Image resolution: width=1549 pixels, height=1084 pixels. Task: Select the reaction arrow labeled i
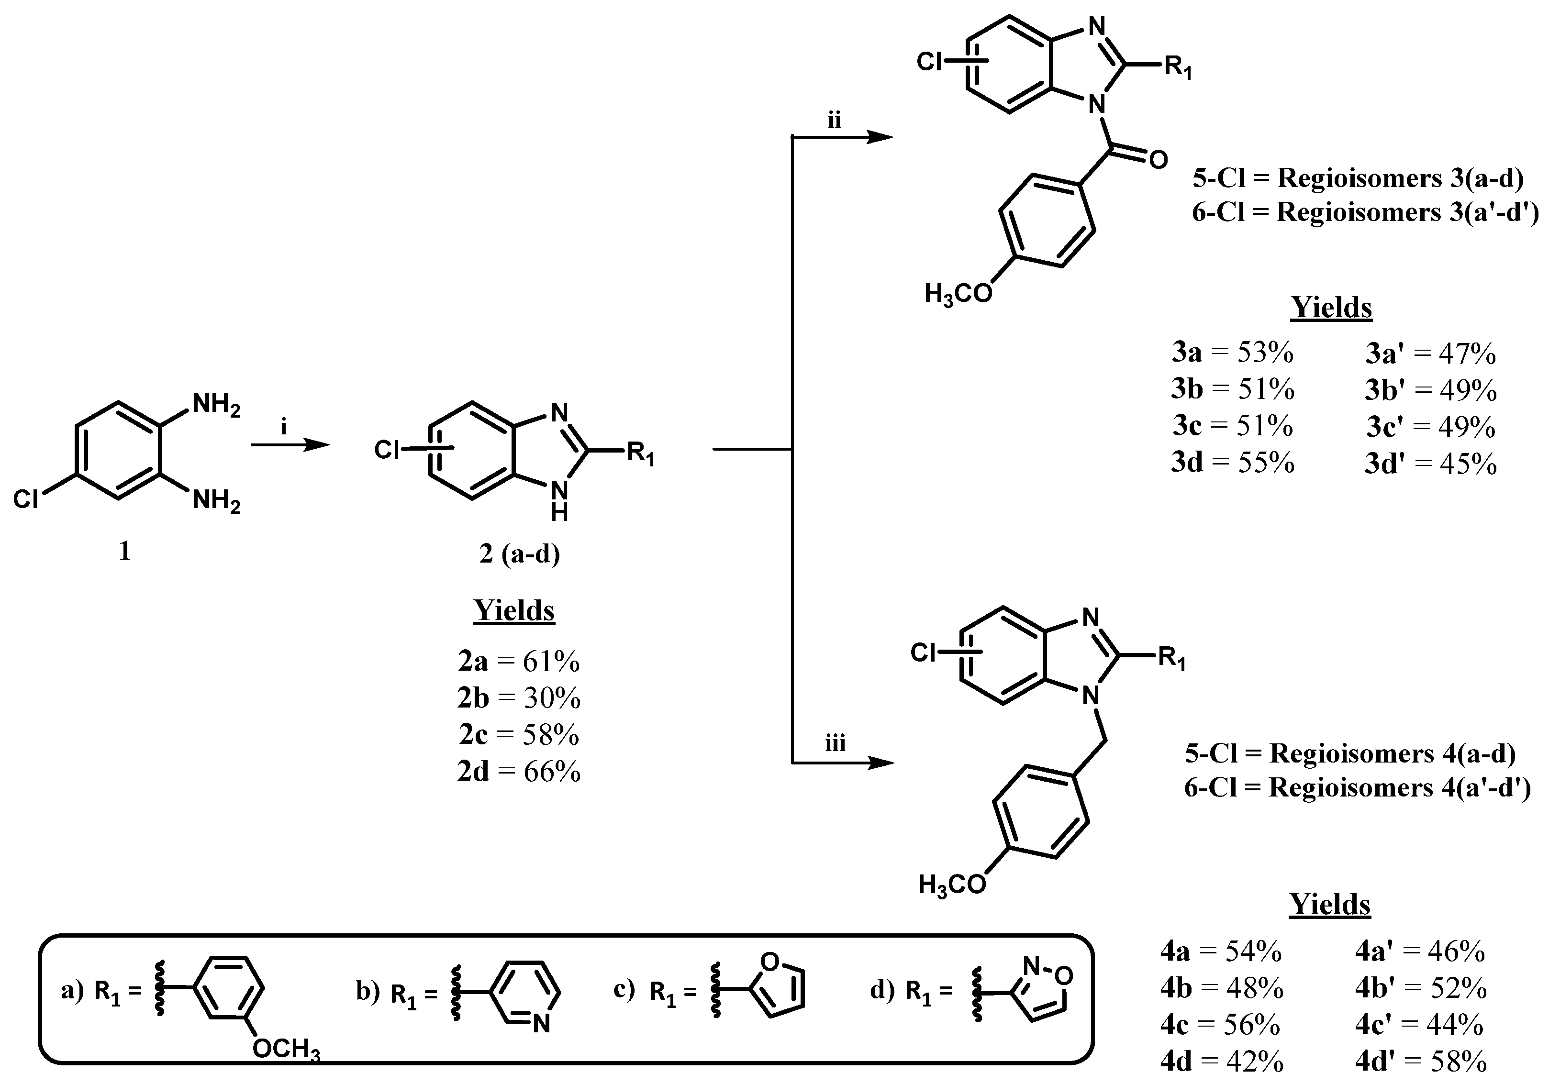tap(290, 444)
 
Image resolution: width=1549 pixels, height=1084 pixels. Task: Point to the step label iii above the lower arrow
tap(835, 743)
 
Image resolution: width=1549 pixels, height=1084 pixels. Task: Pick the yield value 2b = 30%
tap(519, 698)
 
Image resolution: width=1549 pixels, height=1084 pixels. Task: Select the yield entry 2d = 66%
tap(519, 771)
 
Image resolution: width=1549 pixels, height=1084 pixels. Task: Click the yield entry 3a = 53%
tap(1233, 352)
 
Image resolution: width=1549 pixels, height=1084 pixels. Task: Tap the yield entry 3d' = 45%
tap(1430, 464)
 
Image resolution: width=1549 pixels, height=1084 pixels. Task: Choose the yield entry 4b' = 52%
tap(1421, 988)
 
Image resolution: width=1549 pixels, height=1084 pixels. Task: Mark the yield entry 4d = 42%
tap(1222, 1062)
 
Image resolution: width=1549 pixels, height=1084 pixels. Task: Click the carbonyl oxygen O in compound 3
tap(1158, 161)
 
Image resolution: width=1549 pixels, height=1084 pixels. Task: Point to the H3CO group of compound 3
tap(958, 294)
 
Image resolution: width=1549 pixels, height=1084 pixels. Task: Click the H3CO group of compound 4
tap(952, 885)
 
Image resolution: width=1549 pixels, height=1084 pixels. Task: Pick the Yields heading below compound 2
tap(514, 610)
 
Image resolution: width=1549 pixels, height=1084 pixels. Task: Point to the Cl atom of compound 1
tap(26, 498)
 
